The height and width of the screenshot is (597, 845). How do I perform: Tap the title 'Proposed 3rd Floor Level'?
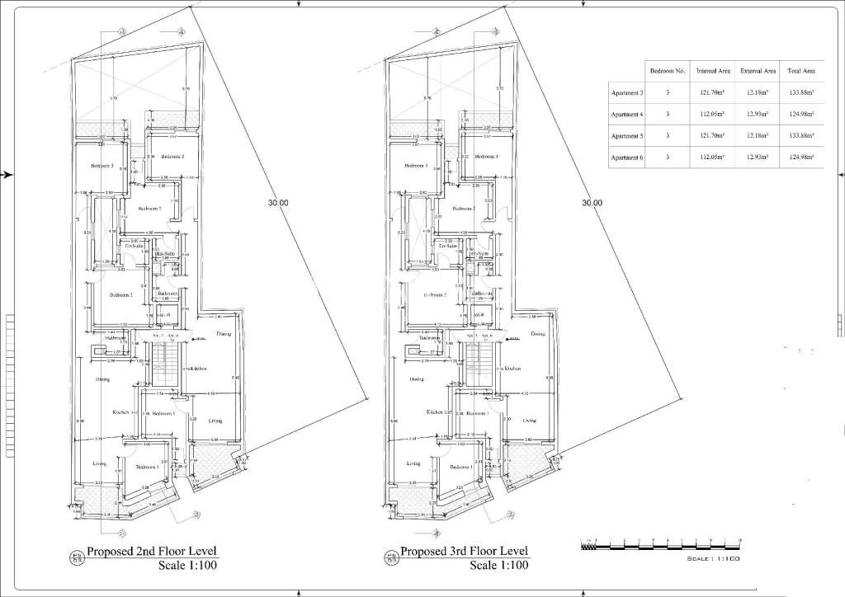click(x=464, y=552)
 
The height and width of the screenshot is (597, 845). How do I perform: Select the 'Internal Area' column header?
click(x=711, y=72)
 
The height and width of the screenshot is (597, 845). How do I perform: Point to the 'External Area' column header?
click(x=758, y=72)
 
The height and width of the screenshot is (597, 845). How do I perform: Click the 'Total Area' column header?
click(x=801, y=72)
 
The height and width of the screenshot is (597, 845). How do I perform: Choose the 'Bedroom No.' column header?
click(x=668, y=72)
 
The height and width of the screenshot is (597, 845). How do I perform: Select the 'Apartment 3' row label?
click(x=625, y=94)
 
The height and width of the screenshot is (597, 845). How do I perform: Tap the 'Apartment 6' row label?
click(x=625, y=157)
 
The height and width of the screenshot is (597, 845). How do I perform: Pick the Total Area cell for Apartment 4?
click(x=801, y=115)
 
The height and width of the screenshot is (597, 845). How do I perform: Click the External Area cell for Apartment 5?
click(x=758, y=135)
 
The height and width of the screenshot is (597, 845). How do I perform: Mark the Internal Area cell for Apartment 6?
click(x=711, y=157)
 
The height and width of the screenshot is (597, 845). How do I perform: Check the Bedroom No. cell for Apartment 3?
click(x=668, y=93)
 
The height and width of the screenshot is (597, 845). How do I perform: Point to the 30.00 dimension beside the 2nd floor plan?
click(x=278, y=203)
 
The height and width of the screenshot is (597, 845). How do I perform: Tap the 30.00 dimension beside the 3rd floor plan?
click(x=592, y=203)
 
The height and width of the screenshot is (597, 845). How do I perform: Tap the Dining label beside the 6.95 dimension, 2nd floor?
click(x=223, y=334)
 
